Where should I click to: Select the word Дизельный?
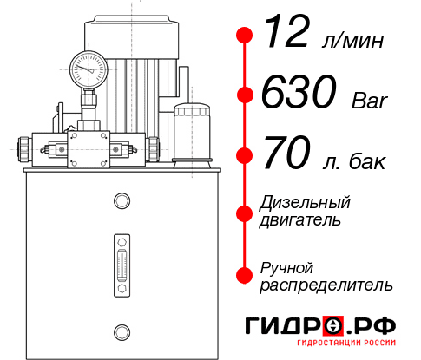click(306, 203)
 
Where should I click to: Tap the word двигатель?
click(300, 220)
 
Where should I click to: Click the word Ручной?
click(286, 267)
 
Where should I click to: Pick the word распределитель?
click(326, 285)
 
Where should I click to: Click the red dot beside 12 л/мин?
click(245, 36)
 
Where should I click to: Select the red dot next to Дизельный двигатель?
click(245, 213)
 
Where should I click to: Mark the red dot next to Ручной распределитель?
click(245, 275)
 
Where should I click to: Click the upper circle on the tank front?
click(121, 201)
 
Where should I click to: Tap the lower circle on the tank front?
click(121, 331)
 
